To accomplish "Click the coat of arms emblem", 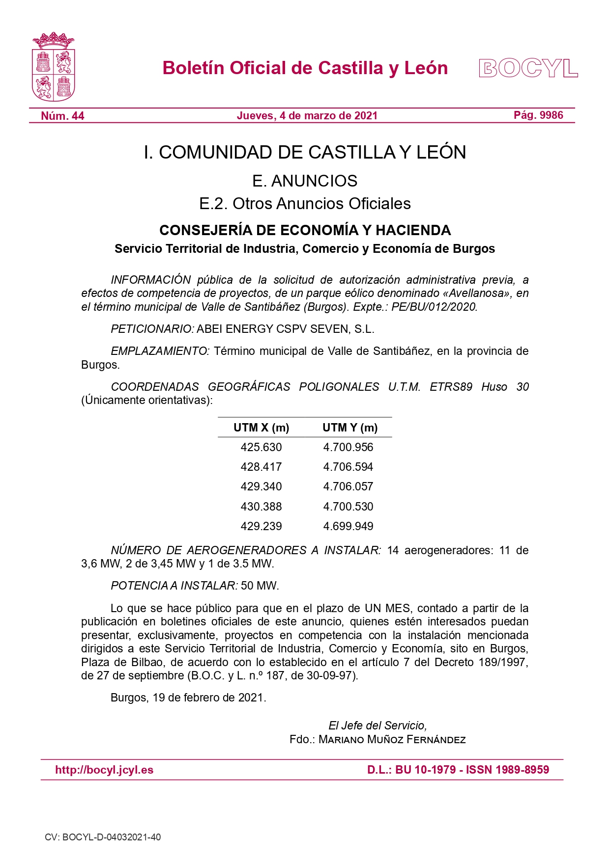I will tap(53, 67).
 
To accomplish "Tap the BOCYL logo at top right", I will tap(528, 68).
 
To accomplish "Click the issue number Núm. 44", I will tap(62, 116).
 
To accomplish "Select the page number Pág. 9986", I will tap(538, 115).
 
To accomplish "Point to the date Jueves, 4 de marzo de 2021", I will tap(307, 116).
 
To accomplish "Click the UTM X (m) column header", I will tap(261, 428).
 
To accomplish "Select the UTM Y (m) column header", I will tap(349, 428).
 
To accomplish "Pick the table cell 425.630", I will tap(261, 447).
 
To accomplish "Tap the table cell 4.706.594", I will tap(348, 467).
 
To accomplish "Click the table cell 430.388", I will tap(261, 507).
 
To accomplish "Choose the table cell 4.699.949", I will tap(348, 526).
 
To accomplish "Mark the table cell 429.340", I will tap(261, 486).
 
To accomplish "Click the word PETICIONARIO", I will tap(152, 329).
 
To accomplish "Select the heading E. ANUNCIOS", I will tap(305, 181).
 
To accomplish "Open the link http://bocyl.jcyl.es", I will tap(104, 770).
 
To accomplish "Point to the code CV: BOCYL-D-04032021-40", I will tap(103, 837).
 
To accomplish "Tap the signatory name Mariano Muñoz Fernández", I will tap(392, 740).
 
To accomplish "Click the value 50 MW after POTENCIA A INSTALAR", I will tap(260, 586).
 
